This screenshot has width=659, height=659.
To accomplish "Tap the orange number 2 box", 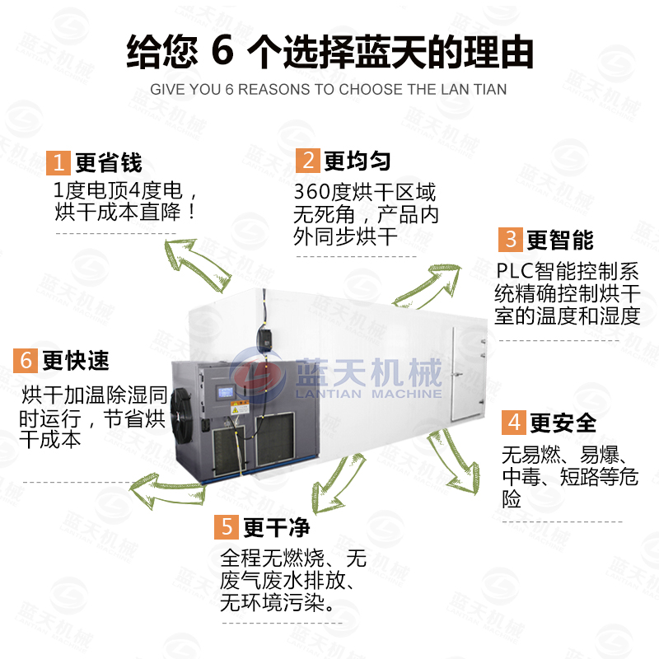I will pos(306,160).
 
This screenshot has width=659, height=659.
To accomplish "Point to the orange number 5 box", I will pos(227,526).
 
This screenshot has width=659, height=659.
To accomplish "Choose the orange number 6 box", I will pos(26,360).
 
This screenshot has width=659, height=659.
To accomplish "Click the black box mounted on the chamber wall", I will pos(264,337).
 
